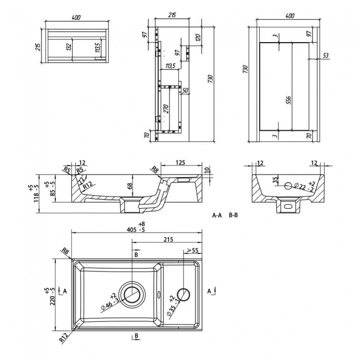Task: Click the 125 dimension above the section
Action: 179,163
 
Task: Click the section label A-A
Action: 217,214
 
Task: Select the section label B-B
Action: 233,214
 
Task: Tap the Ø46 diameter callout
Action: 110,302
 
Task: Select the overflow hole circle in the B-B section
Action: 287,186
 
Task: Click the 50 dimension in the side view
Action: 185,91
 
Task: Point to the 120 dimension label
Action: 197,40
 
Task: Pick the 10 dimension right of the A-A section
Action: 206,171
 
